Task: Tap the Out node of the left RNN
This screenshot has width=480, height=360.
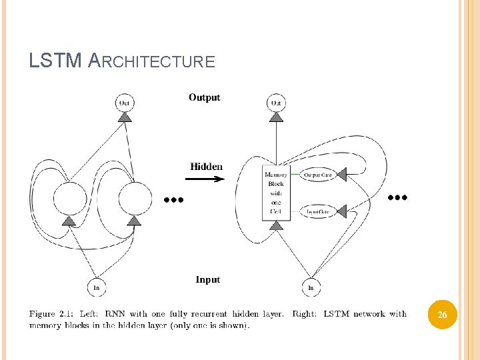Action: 124,103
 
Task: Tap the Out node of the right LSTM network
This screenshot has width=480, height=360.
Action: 276,103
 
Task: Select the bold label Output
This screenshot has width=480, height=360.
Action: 204,97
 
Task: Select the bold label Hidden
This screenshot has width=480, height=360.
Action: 207,166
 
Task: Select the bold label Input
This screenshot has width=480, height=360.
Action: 208,279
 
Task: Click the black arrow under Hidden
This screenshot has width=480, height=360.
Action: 207,179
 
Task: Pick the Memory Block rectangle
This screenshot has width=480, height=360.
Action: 276,193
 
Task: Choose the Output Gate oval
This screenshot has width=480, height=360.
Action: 317,175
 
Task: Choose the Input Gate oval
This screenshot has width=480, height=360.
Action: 317,211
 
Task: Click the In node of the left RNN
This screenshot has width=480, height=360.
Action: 97,288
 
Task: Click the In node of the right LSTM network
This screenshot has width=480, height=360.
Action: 311,288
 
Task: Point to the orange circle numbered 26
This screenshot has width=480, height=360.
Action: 442,315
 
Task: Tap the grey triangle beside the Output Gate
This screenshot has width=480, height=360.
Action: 342,175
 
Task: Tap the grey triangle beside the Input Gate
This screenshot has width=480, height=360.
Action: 342,211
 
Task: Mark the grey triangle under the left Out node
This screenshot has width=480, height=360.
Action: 124,118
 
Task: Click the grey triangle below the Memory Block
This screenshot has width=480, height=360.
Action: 276,226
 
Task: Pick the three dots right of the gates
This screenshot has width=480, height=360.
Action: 397,197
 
